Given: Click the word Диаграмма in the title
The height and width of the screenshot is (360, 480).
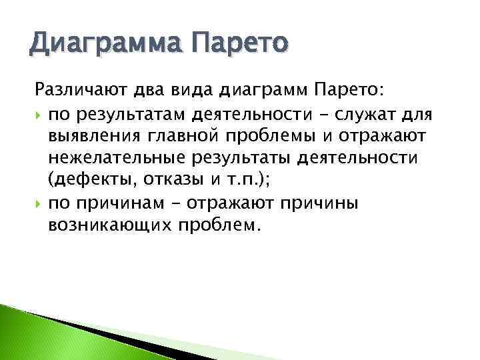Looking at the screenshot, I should (106, 47).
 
